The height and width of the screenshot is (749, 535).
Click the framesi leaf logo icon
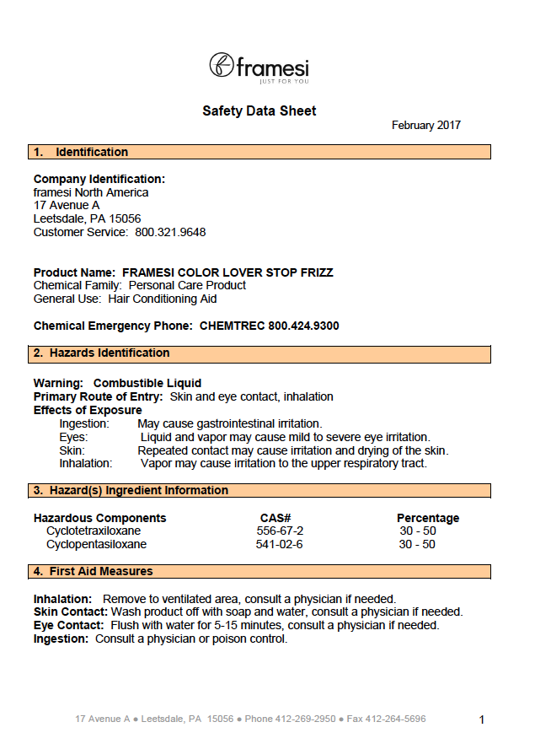tap(222, 65)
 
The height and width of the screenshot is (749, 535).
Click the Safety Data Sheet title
tap(259, 111)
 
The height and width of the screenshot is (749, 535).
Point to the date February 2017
tap(425, 126)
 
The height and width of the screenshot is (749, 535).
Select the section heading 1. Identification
tap(81, 153)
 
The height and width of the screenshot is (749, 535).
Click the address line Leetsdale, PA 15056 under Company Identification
tap(87, 218)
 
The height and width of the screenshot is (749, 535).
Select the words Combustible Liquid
tap(147, 383)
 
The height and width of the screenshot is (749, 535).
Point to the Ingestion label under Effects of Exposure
tap(84, 423)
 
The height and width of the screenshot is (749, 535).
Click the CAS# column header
tap(276, 518)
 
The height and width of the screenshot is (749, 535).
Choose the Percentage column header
tap(428, 518)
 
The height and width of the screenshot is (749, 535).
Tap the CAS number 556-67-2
tap(280, 531)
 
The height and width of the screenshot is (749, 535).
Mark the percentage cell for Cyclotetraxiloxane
tap(417, 531)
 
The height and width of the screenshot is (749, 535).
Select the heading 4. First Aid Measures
tap(93, 572)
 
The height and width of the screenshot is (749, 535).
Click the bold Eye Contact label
tap(68, 626)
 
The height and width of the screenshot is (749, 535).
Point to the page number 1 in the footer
tap(482, 719)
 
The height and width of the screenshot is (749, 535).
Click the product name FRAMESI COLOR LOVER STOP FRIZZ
tap(227, 272)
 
